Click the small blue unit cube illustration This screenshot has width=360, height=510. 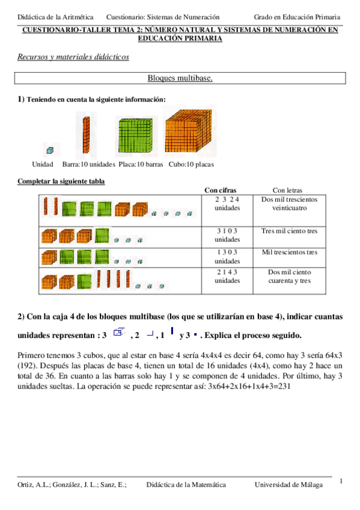50,150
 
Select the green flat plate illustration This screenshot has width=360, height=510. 136,136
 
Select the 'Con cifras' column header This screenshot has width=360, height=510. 220,189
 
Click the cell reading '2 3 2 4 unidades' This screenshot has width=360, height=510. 227,203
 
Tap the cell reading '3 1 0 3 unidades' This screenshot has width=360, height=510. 227,235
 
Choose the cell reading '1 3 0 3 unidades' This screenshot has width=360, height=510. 227,257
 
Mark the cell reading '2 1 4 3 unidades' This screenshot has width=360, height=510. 227,276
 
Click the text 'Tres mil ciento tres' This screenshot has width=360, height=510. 289,231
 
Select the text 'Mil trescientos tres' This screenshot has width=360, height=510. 289,253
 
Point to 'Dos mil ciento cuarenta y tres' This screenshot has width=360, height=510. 289,276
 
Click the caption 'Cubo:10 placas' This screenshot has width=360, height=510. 191,164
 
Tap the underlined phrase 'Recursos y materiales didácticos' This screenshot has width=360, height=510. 73,57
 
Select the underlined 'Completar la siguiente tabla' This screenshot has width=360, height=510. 62,181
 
